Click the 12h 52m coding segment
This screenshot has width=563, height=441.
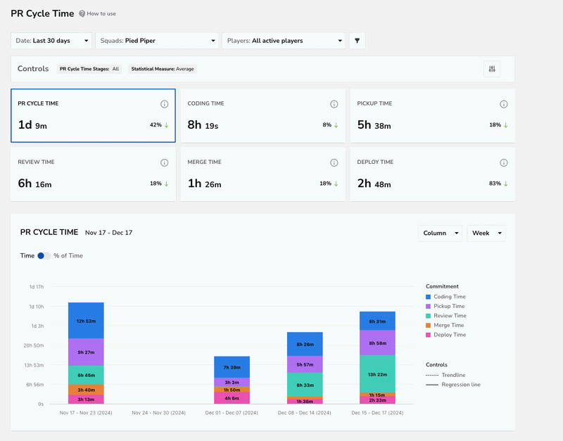point(86,321)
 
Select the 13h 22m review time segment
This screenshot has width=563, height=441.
point(377,374)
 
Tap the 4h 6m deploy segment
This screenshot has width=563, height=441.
point(232,398)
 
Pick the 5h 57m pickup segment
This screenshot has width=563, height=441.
point(305,364)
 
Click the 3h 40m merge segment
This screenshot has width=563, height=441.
point(86,390)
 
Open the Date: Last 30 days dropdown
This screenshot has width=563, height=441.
point(51,41)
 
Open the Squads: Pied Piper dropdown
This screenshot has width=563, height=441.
point(157,41)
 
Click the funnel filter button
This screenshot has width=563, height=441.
point(358,41)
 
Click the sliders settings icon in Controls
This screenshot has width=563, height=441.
point(492,69)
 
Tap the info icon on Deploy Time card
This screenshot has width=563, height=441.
point(504,163)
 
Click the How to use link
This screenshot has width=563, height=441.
point(97,13)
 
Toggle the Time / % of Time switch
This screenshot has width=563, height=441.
point(44,256)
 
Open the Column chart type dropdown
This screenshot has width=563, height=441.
point(440,234)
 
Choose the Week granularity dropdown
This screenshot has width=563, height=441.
point(486,234)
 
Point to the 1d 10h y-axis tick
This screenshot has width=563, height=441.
point(37,307)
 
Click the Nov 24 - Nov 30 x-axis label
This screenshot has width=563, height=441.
point(159,413)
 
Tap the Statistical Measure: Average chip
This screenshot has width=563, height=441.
point(163,69)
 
